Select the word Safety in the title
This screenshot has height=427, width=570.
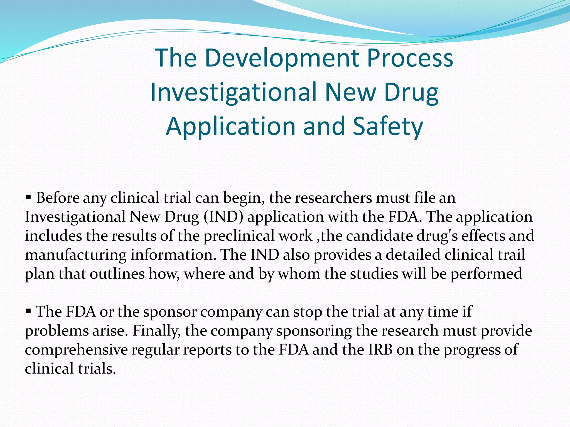click(x=388, y=126)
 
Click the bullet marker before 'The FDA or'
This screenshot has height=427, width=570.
click(x=28, y=311)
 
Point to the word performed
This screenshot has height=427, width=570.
click(x=486, y=274)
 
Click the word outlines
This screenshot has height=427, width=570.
click(x=117, y=274)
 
